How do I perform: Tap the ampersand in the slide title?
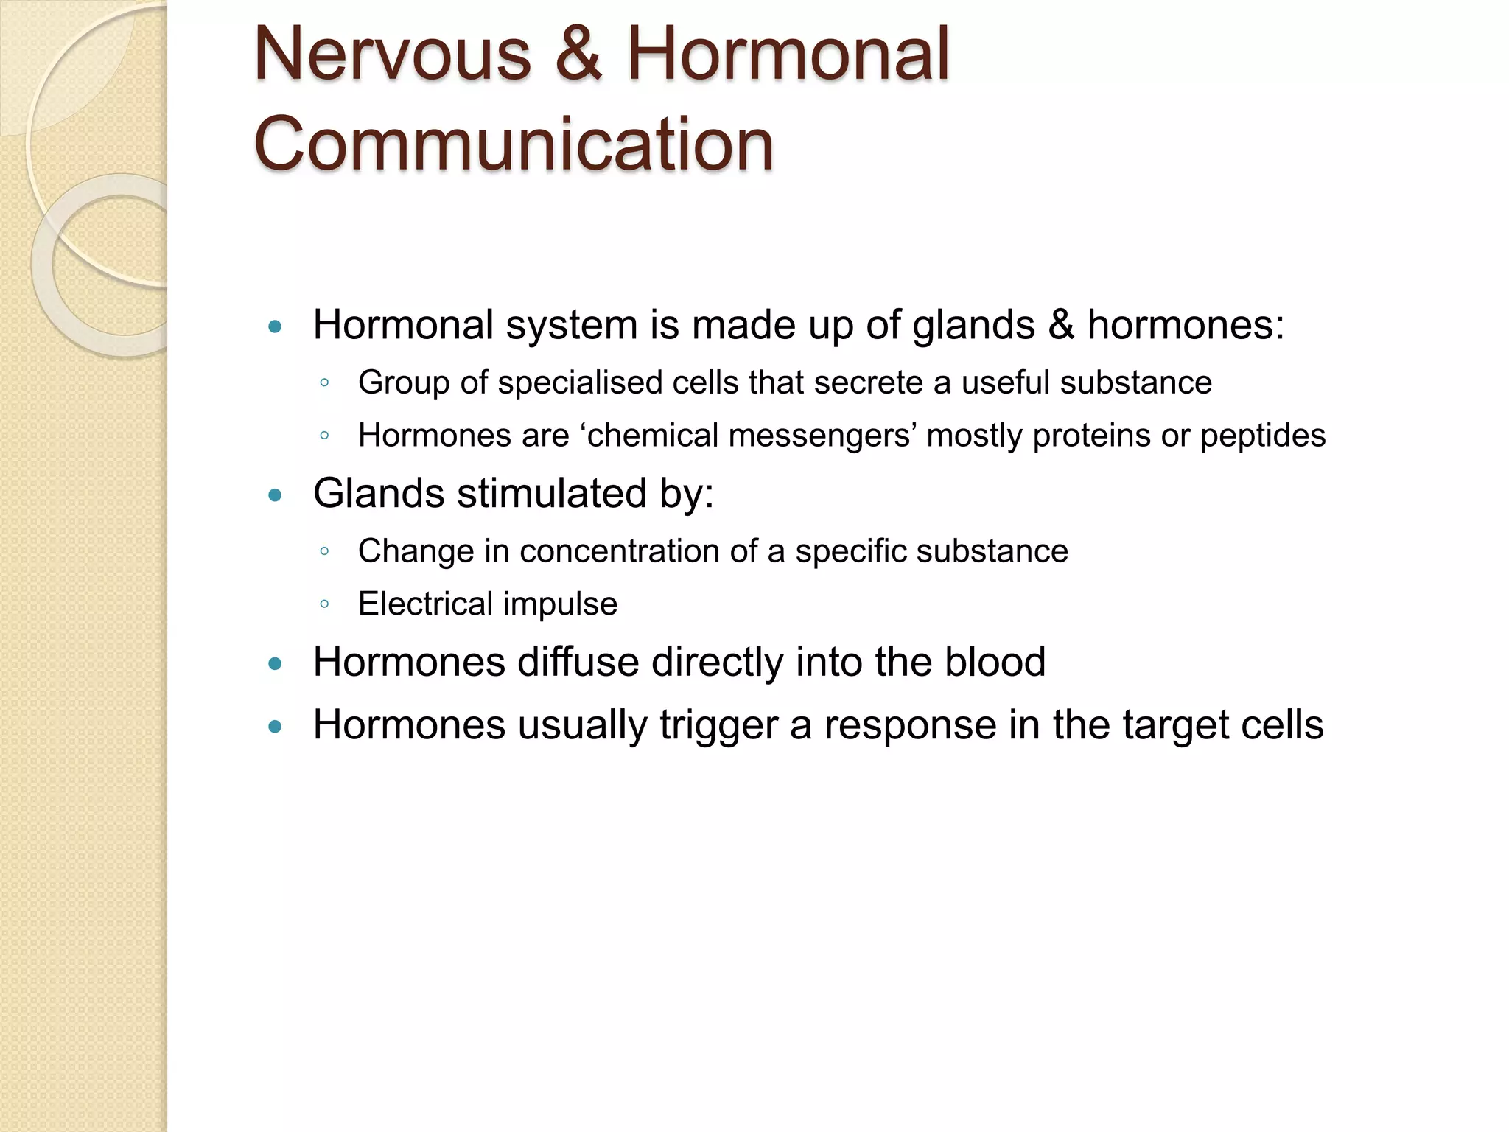tap(578, 55)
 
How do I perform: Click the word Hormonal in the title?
tap(788, 55)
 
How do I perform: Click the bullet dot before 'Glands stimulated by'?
tap(276, 495)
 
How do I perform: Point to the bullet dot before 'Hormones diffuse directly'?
tap(276, 664)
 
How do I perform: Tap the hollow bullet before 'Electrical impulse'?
tap(324, 605)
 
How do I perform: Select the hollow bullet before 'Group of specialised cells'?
tap(324, 383)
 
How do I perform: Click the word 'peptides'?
tap(1263, 436)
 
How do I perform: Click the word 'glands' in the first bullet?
tap(973, 325)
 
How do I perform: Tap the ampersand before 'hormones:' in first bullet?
tap(1061, 325)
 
